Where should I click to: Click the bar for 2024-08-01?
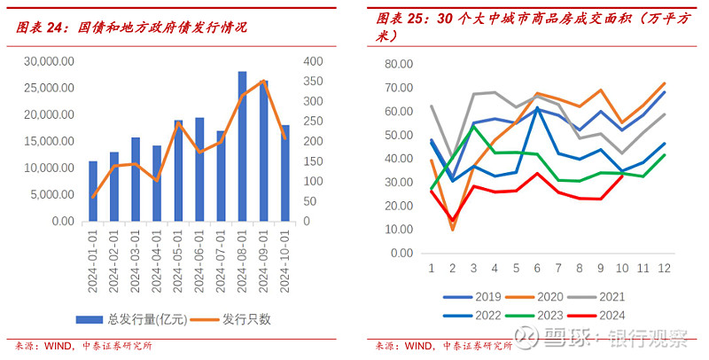click(x=242, y=146)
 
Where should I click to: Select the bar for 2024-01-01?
click(x=93, y=192)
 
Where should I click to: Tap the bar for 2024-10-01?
click(x=284, y=173)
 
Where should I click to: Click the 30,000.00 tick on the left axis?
click(x=50, y=61)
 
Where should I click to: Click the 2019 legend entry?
click(x=477, y=295)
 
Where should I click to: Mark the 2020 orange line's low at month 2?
click(x=453, y=229)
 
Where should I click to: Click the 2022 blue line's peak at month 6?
click(x=537, y=108)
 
